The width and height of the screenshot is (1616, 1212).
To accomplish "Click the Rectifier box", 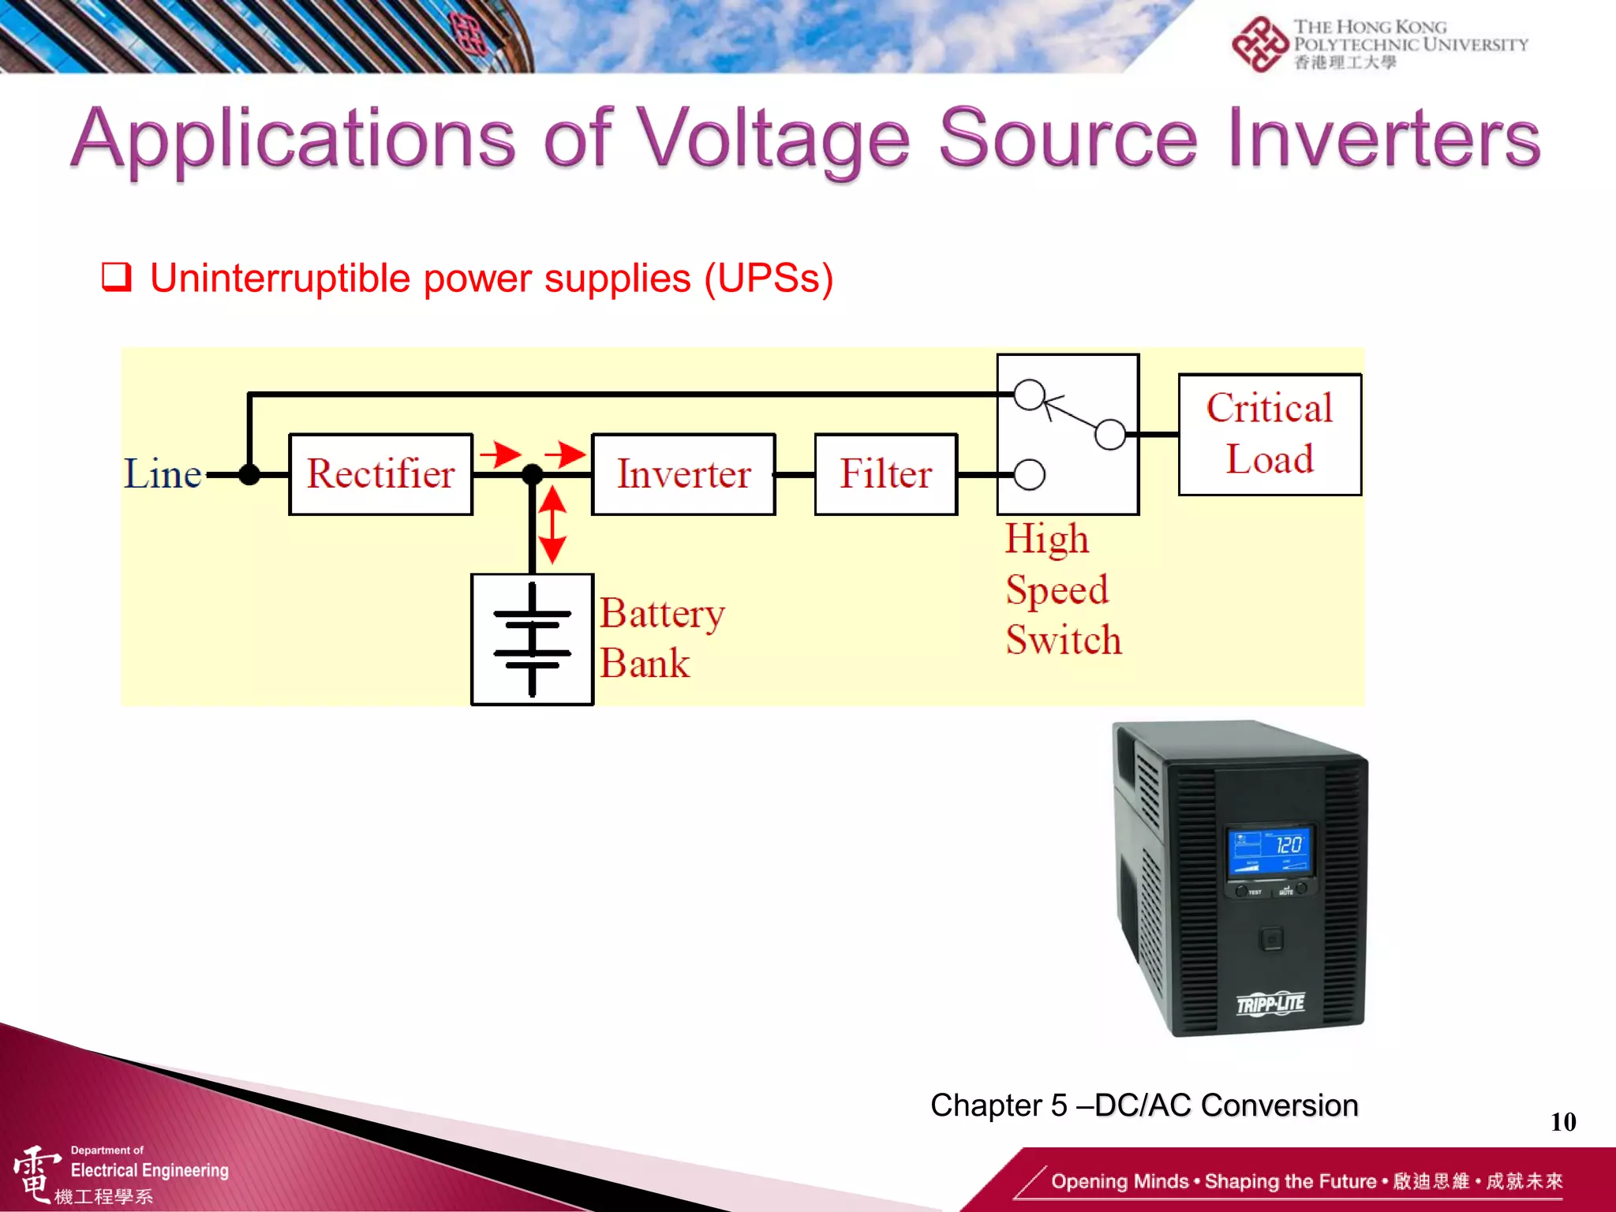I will [380, 474].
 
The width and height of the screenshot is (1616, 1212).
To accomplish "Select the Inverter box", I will [683, 474].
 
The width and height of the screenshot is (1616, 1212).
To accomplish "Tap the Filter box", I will [885, 474].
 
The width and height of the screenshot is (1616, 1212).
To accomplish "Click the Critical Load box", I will [1269, 434].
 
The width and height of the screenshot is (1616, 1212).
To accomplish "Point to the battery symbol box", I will [532, 639].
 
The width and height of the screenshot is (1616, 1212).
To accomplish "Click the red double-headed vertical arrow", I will [552, 525].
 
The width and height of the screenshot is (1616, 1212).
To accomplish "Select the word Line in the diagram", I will [163, 474].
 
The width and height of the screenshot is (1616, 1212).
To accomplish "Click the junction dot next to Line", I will [249, 474].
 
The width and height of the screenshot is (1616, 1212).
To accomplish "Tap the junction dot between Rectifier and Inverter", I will [533, 474].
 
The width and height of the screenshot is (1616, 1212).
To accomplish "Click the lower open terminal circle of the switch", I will [1029, 474].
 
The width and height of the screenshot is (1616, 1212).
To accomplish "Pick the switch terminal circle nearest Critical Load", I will [1110, 434].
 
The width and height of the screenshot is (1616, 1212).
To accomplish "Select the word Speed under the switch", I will [1057, 589].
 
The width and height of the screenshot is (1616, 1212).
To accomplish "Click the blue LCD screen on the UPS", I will [1270, 851].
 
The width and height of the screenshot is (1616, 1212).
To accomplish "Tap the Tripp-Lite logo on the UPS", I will [1270, 1004].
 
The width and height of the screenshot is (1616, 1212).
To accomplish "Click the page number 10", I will [1562, 1121].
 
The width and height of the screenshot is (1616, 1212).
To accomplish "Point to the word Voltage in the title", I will [773, 140].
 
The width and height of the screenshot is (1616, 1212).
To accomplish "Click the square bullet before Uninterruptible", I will [117, 278].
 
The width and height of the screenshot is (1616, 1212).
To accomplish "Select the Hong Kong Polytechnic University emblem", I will [1259, 44].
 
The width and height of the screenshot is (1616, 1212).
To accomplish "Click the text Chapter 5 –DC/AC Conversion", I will [1144, 1105].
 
